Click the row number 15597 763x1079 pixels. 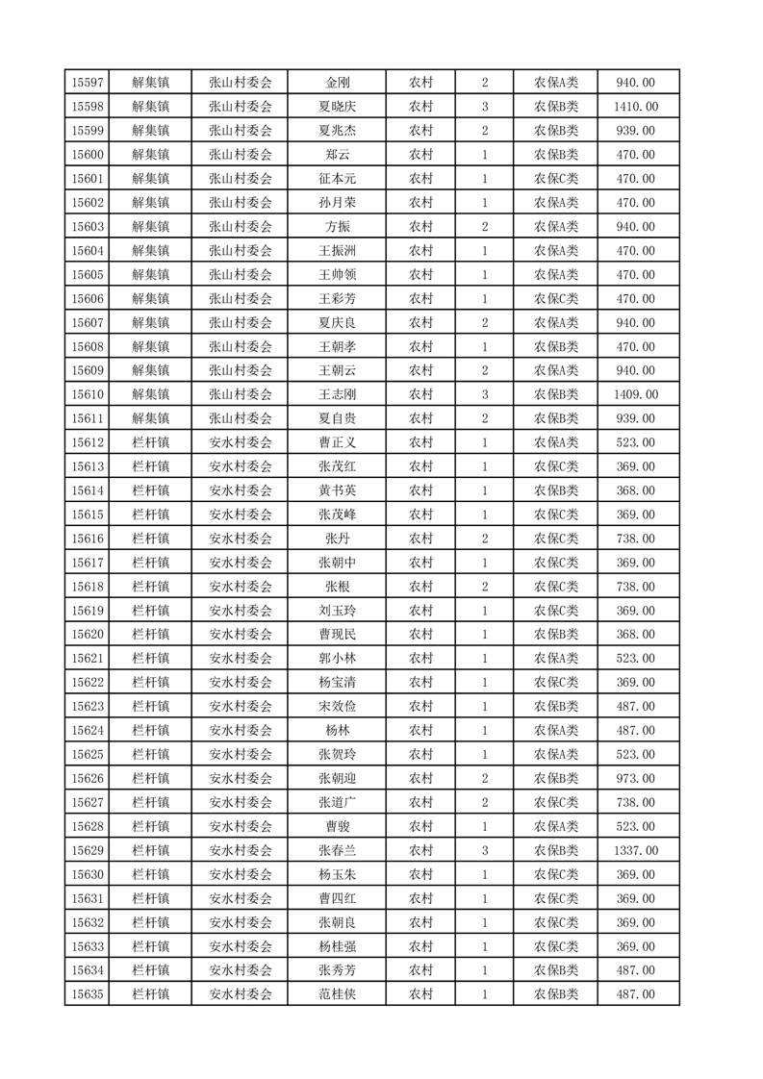click(x=88, y=83)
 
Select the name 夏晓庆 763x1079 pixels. click(x=337, y=107)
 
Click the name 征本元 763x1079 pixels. click(x=337, y=179)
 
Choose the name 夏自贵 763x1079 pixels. click(x=337, y=418)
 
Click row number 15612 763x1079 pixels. click(x=88, y=442)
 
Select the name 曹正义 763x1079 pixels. click(x=337, y=442)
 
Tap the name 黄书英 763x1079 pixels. click(x=337, y=490)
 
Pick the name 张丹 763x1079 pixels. click(x=337, y=539)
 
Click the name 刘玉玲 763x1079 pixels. click(x=337, y=611)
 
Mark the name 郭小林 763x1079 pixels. click(x=337, y=659)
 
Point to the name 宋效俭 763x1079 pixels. click(x=337, y=707)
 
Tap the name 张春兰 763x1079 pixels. click(x=337, y=850)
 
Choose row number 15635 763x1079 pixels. click(x=88, y=994)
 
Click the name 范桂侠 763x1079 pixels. click(x=337, y=994)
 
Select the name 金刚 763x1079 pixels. click(x=337, y=83)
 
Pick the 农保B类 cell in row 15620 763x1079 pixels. click(x=556, y=635)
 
